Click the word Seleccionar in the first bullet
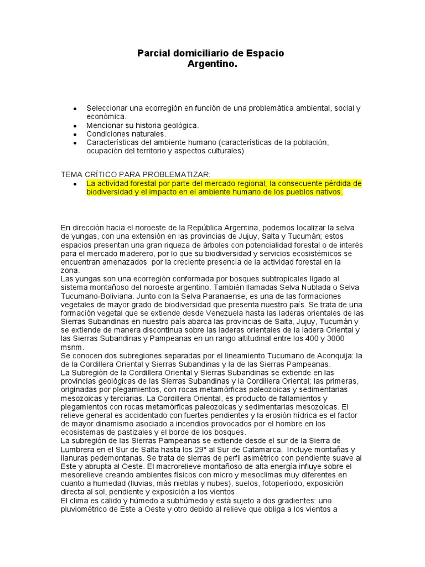click(x=108, y=109)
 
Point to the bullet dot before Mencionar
click(x=75, y=126)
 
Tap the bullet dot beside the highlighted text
click(x=75, y=184)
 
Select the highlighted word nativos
click(x=328, y=192)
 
